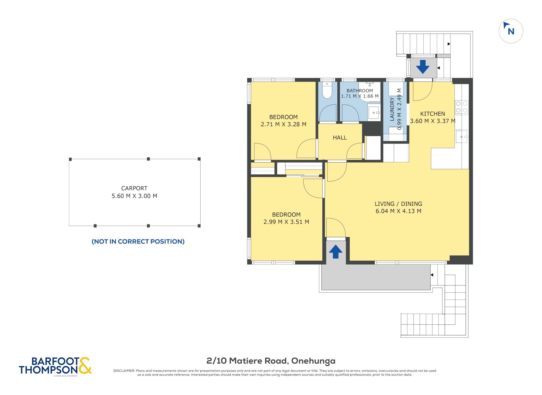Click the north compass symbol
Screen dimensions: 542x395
click(511, 31)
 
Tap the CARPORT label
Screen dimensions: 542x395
click(134, 188)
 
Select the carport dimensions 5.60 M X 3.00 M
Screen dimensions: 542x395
click(134, 196)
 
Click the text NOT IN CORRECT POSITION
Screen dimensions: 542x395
click(138, 241)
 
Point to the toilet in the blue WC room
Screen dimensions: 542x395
click(327, 90)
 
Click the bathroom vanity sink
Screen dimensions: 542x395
click(374, 113)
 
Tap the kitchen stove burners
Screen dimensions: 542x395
click(462, 107)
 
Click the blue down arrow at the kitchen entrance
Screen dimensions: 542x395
click(423, 67)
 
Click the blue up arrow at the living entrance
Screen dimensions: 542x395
click(336, 251)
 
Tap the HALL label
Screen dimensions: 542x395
click(340, 137)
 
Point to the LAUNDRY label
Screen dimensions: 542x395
click(392, 109)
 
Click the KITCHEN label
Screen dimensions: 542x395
click(433, 114)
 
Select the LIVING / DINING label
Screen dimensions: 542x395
click(398, 204)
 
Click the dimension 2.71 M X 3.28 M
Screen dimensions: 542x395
click(283, 124)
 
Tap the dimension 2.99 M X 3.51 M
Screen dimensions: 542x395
click(286, 222)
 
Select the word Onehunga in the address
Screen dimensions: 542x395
click(313, 361)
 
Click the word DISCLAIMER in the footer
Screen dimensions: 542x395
click(124, 371)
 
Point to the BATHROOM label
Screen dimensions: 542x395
click(360, 91)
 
